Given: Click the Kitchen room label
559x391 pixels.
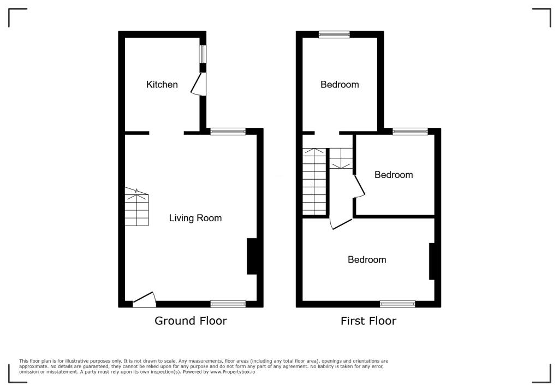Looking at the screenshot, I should [x=162, y=85].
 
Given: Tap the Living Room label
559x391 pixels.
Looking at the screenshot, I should [x=195, y=218].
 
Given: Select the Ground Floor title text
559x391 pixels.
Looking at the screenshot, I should [x=191, y=321].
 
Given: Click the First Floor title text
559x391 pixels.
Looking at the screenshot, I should [x=368, y=321].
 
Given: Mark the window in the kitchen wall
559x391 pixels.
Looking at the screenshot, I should [x=203, y=54].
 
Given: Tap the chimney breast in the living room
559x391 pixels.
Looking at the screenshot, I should [x=252, y=256].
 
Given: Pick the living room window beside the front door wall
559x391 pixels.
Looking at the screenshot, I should [x=228, y=304].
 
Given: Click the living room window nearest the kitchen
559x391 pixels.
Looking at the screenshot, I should [x=228, y=131].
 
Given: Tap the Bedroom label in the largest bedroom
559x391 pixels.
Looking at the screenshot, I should [x=367, y=260].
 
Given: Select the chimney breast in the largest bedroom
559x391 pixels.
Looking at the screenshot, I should [x=431, y=262].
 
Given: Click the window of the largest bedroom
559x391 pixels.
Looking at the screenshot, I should [x=397, y=304].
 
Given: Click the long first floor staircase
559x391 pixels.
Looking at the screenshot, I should [x=315, y=181].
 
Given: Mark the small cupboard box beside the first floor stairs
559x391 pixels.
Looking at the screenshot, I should [x=341, y=158].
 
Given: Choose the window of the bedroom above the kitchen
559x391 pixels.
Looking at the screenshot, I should [x=334, y=34].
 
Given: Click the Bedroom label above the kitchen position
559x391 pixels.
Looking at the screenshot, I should [x=340, y=85].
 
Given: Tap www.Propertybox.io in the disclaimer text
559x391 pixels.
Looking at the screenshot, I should [x=233, y=371].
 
